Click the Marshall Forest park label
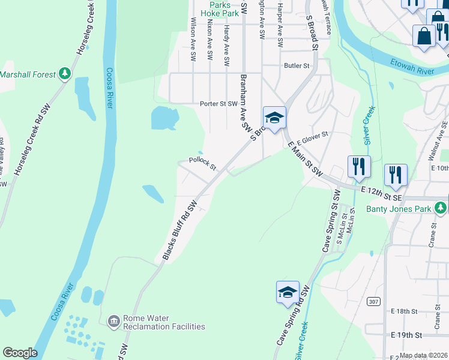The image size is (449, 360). (28, 74)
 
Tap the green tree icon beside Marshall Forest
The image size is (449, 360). (65, 74)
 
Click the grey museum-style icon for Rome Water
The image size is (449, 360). (113, 322)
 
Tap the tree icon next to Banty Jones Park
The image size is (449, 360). (441, 208)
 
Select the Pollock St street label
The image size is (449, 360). (202, 163)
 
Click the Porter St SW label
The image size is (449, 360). (220, 104)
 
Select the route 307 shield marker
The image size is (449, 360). (374, 301)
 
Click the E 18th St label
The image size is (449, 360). (403, 311)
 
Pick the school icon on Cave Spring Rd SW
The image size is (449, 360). (288, 293)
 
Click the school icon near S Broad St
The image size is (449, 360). (274, 118)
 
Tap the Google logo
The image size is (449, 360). (20, 353)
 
